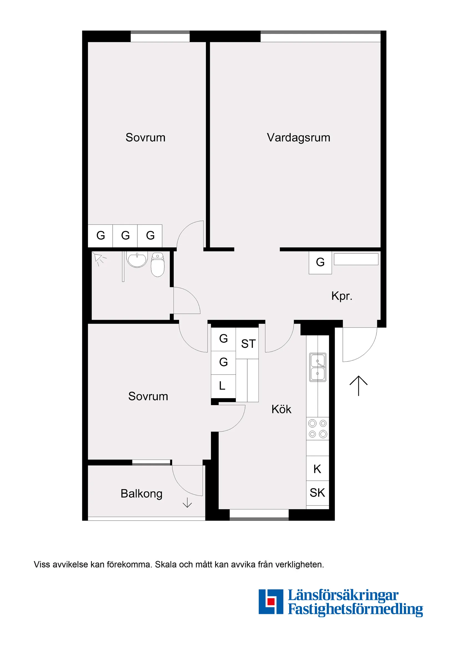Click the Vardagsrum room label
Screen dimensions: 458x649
(298, 138)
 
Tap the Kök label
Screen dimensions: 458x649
(281, 409)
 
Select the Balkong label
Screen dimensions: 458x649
(141, 494)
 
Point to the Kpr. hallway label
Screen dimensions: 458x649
(342, 296)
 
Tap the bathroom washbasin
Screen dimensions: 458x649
(137, 260)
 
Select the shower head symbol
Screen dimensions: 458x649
(99, 259)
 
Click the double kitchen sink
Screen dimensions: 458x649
(318, 367)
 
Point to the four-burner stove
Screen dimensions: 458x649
(318, 428)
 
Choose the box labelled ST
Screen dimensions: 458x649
(247, 343)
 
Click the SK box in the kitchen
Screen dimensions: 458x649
(318, 493)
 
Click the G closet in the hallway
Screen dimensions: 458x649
(320, 262)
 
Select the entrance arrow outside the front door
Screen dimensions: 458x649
(358, 386)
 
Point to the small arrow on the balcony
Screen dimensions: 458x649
(187, 502)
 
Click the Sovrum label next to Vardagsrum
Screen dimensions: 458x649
(145, 138)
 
